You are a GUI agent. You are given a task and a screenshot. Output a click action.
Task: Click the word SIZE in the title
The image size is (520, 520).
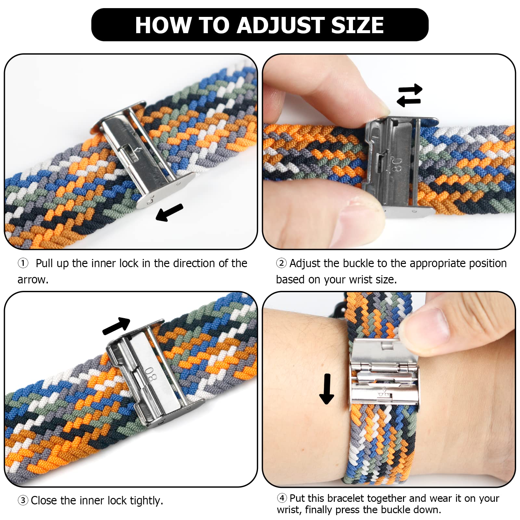click(x=357, y=25)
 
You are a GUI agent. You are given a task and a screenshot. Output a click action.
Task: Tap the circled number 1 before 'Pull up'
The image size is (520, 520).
click(x=23, y=263)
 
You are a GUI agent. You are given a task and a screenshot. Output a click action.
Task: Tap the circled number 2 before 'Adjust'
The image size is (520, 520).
click(x=281, y=263)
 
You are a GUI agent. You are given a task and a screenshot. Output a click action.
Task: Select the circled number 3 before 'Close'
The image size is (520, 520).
click(x=23, y=500)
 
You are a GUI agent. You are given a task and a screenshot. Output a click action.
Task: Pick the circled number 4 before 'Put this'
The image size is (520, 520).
click(x=282, y=498)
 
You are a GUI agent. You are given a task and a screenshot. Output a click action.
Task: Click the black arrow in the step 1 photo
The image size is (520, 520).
click(x=169, y=213)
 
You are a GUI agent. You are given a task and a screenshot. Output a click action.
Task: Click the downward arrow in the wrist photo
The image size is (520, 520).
click(x=327, y=389)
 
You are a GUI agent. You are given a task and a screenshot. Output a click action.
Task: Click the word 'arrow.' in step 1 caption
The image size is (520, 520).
click(x=33, y=279)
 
